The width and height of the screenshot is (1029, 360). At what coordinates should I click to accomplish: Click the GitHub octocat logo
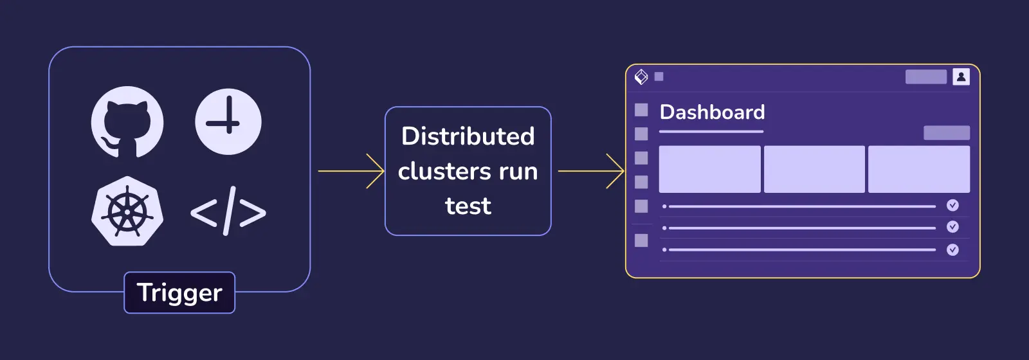coord(127,122)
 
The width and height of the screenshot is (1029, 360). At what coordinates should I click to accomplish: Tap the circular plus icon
coord(228,122)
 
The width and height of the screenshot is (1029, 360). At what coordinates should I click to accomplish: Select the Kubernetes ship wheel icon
coord(127,211)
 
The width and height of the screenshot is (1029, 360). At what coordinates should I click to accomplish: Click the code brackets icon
coord(228,212)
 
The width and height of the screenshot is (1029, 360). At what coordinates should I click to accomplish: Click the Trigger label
coord(179,293)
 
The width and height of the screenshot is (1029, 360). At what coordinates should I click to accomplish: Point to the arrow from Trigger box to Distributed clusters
coord(351,172)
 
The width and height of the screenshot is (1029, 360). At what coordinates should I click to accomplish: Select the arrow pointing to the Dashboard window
coord(591,172)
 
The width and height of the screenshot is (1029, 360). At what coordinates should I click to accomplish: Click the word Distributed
coord(468,136)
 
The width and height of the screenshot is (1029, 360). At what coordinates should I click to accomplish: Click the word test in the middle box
coord(468,206)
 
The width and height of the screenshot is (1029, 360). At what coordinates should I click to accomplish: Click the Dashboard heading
coord(712,113)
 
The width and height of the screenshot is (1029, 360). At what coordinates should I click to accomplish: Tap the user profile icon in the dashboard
coord(961,76)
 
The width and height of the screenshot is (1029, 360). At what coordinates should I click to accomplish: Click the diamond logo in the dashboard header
coord(641,76)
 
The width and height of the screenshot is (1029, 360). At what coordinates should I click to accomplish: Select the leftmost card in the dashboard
coord(709,169)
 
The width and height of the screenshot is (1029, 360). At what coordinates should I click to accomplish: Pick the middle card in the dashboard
coord(814,169)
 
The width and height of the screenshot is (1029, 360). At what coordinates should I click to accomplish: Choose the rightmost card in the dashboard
coord(918,169)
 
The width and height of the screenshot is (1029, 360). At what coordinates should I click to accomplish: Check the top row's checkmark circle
coord(952,206)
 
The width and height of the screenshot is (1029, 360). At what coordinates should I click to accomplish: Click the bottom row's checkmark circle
coord(952,249)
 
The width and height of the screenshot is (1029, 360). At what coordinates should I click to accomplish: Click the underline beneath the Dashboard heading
coord(711,132)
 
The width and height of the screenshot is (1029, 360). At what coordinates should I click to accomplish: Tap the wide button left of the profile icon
coord(925,76)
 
